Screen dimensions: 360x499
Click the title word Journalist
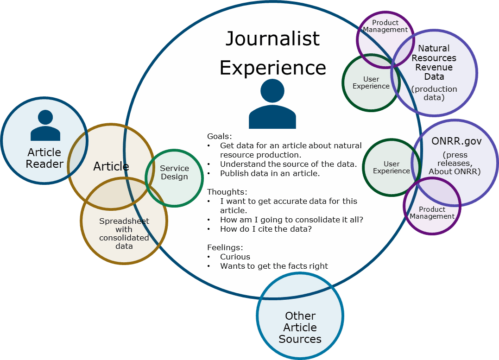point(272,39)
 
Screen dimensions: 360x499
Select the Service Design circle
point(174,172)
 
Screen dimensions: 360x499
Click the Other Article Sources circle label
point(300,327)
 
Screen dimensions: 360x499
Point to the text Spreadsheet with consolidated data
point(124,234)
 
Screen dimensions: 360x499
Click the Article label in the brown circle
point(111,166)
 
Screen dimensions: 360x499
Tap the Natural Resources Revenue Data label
point(434,63)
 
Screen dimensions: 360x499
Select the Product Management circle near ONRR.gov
point(432,213)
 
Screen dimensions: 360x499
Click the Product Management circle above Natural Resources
point(385,26)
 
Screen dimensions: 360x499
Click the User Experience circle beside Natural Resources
point(371,83)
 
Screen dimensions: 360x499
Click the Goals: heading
point(219,136)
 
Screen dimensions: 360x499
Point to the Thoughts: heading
point(227,192)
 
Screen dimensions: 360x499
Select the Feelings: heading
point(225,247)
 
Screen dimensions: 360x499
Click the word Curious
point(235,257)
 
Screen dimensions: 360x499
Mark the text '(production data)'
point(434,93)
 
